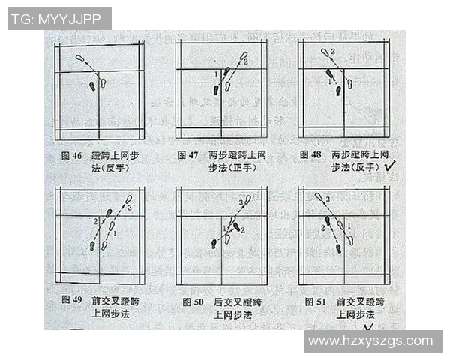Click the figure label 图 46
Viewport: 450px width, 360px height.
(72, 155)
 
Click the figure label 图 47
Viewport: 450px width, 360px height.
(187, 155)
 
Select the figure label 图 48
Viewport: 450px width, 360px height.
(310, 155)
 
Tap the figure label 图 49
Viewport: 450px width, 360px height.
(72, 301)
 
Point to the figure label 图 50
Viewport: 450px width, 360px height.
(193, 301)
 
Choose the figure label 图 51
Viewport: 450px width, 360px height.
(315, 301)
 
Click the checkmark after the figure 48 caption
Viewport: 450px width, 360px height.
(390, 169)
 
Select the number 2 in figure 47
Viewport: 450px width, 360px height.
(245, 61)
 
